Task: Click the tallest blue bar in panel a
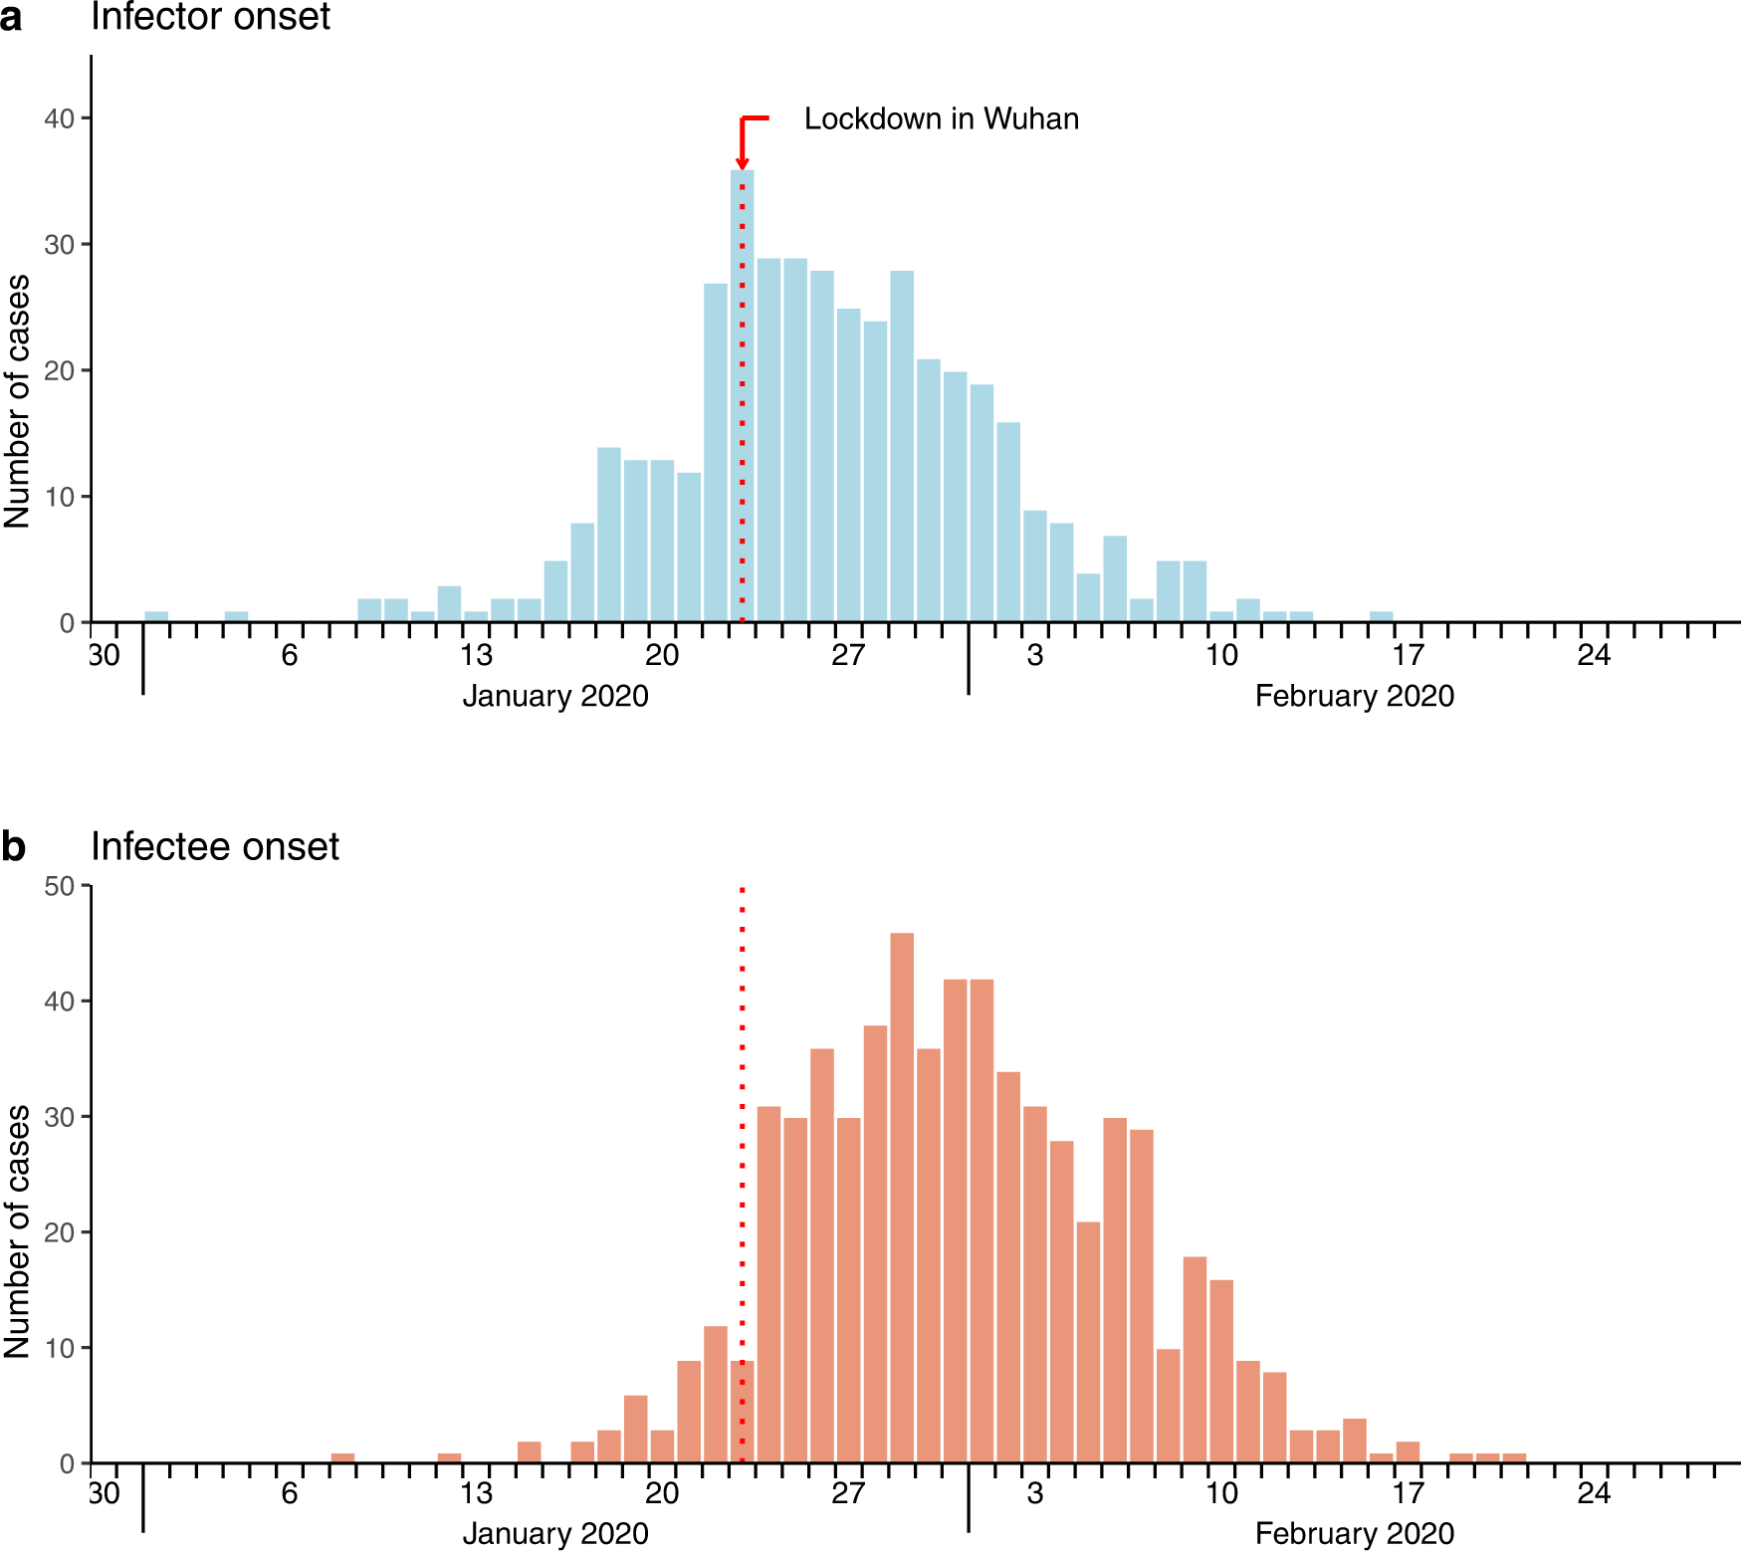742,398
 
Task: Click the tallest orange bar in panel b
902,1195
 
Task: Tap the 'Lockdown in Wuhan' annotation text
941,118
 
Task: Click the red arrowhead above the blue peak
742,163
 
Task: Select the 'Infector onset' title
210,17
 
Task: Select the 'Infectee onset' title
214,846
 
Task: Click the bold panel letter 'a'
12,18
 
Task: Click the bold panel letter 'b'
13,847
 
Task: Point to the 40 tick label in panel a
59,118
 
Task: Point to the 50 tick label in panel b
59,886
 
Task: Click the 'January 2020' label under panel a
554,696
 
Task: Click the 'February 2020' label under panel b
1354,1533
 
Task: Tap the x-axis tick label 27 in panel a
848,655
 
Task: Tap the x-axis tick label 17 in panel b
1408,1493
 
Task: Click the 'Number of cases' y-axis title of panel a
18,401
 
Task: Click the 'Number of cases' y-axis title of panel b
18,1231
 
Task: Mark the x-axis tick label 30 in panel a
105,655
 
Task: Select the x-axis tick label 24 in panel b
1594,1493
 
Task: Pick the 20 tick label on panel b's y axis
59,1232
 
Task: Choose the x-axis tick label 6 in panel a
289,655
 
